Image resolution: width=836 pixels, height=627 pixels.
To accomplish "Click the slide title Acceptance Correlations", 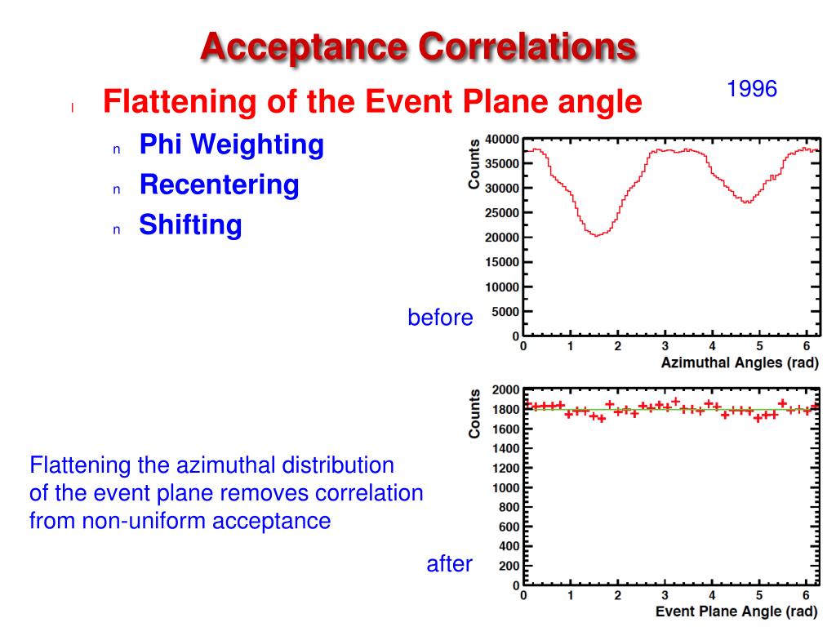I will tap(418, 47).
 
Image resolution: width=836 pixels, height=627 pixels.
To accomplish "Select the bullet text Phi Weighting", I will tap(231, 145).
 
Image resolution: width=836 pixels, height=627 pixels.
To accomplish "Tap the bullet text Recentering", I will tap(219, 185).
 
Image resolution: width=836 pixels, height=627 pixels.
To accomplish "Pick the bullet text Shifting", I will tap(190, 224).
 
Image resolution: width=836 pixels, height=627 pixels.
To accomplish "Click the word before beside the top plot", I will tap(440, 318).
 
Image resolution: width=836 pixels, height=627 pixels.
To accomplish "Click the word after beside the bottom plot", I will tap(449, 563).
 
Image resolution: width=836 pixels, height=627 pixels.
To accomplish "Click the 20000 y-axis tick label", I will tap(502, 238).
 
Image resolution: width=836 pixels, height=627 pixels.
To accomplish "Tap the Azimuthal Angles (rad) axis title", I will tap(740, 363).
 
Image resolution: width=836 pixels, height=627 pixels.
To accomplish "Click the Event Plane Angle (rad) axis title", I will tap(736, 611).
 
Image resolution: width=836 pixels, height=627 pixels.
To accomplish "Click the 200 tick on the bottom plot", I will tap(509, 566).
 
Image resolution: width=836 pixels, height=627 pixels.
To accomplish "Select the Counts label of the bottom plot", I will tap(474, 413).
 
